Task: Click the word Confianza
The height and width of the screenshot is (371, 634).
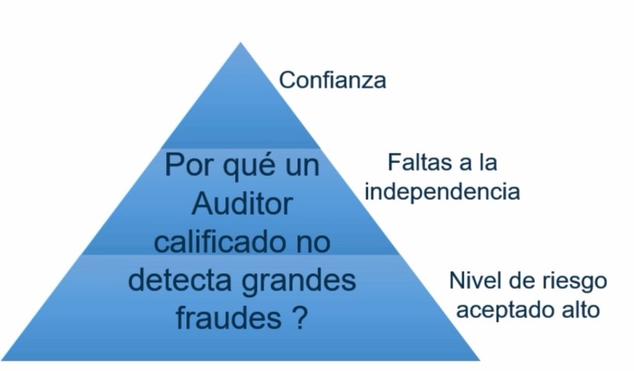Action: pyautogui.click(x=332, y=80)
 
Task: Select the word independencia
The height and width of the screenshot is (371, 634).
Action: pyautogui.click(x=442, y=192)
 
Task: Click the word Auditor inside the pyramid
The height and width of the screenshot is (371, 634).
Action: pyautogui.click(x=242, y=205)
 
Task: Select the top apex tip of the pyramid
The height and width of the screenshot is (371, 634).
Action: pyautogui.click(x=241, y=43)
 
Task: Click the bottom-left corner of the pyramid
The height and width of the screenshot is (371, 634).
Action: pyautogui.click(x=4, y=359)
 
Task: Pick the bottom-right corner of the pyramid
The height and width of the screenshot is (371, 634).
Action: pyautogui.click(x=479, y=359)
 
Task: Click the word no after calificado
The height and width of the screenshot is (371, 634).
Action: pyautogui.click(x=310, y=241)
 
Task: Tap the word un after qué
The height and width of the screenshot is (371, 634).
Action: pyautogui.click(x=299, y=167)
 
